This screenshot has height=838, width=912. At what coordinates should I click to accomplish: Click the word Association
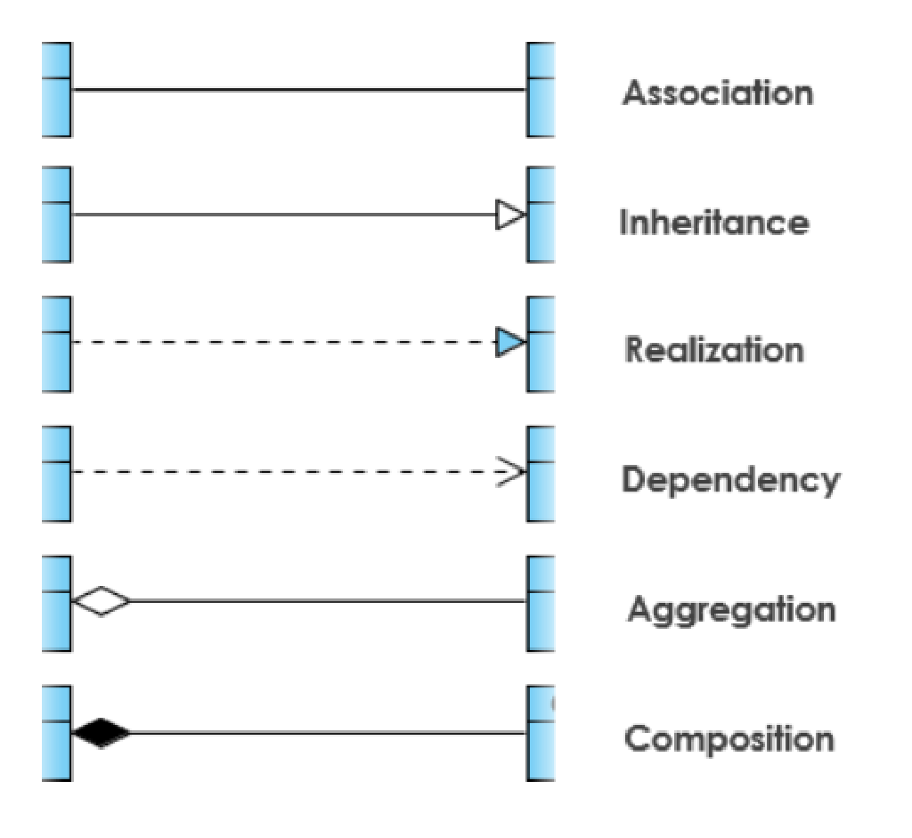718,93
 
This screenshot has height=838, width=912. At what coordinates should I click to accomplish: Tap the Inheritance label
714,222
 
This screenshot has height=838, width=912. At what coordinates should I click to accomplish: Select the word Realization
714,349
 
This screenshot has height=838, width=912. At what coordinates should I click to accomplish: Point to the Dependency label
730,480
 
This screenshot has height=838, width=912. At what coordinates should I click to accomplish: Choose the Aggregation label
731,610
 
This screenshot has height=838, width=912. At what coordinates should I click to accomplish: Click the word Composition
729,739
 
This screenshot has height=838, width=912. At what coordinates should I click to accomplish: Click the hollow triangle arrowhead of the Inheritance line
510,215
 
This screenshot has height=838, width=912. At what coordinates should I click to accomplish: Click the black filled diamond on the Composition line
101,733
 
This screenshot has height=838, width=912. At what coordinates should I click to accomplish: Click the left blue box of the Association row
56,90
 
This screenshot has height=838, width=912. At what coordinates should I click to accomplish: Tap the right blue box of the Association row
541,90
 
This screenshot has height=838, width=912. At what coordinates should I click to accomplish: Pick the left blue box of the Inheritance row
56,215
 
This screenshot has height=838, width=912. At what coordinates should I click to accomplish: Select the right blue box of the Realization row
541,344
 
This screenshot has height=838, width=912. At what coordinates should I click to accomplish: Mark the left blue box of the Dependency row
56,473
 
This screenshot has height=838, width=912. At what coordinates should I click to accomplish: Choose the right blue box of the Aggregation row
541,603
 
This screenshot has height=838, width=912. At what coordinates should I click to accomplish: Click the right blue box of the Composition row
541,733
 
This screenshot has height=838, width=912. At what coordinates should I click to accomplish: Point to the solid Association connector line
298,90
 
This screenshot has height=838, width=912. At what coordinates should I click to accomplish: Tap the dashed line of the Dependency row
285,472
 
